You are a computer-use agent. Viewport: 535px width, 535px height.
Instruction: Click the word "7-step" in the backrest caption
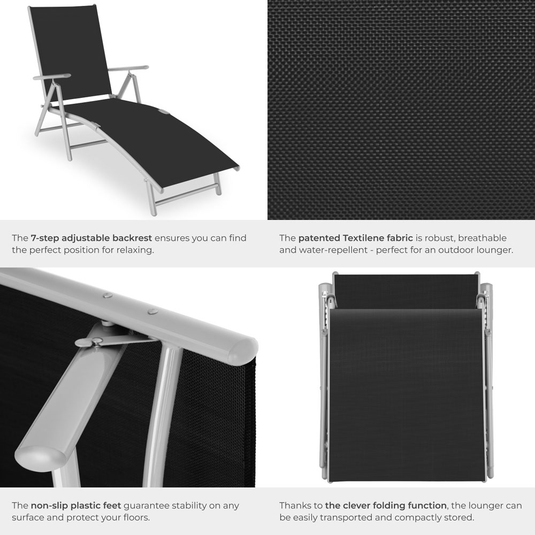(45, 238)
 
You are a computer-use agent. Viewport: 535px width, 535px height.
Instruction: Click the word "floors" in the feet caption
(132, 517)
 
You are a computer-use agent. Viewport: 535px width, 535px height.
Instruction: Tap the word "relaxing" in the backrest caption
(135, 250)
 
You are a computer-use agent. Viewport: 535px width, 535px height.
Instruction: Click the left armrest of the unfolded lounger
(51, 77)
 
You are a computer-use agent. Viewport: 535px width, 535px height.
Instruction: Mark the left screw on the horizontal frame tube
(108, 295)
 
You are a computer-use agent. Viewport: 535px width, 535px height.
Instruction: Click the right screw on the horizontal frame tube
(152, 311)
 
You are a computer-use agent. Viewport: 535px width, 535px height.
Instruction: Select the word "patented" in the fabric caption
(318, 238)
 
